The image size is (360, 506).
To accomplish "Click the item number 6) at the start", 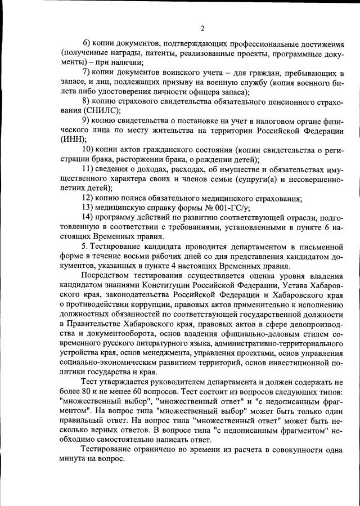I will [x=87, y=43].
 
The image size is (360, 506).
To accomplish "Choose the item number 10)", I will [x=88, y=149].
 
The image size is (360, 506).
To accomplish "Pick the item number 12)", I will [x=88, y=198].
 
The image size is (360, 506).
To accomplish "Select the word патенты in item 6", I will [x=152, y=53].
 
